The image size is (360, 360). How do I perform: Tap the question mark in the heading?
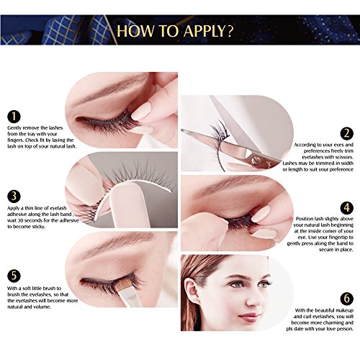coord(230,30)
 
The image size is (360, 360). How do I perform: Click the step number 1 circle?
coord(14,117)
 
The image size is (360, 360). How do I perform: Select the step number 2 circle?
coord(347,133)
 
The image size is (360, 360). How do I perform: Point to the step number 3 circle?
coord(14,197)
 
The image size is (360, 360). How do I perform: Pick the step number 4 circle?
coord(347,207)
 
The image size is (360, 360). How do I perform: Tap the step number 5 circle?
coord(14,276)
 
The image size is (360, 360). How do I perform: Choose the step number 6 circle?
coord(347,299)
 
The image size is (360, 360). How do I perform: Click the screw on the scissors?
coord(254,160)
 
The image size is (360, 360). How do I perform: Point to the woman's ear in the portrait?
coord(192,291)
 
